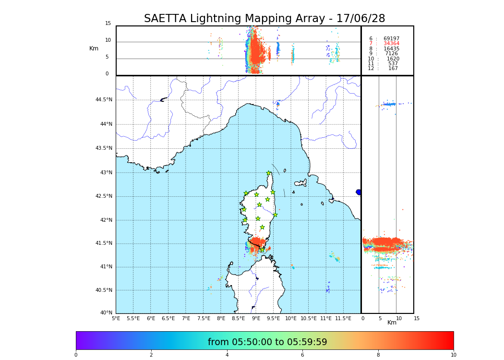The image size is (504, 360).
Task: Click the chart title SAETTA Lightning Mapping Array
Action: pyautogui.click(x=264, y=19)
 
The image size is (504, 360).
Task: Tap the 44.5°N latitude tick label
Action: pyautogui.click(x=104, y=100)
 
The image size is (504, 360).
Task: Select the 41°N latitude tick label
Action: pyautogui.click(x=105, y=267)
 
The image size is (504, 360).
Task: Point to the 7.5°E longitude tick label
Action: pyautogui.click(x=204, y=318)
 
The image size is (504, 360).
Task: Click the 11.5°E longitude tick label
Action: pyautogui.click(x=344, y=318)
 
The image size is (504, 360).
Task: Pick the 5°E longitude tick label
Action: pyautogui.click(x=116, y=318)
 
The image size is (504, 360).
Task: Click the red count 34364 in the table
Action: pyautogui.click(x=391, y=44)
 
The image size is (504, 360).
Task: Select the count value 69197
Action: pyautogui.click(x=391, y=39)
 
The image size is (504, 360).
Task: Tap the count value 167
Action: pyautogui.click(x=393, y=69)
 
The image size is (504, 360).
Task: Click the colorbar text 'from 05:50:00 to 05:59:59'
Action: pyautogui.click(x=267, y=342)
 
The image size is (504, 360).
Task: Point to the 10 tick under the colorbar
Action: pyautogui.click(x=453, y=355)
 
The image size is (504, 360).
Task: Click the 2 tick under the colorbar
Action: pyautogui.click(x=151, y=355)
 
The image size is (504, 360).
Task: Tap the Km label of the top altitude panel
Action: pyautogui.click(x=94, y=48)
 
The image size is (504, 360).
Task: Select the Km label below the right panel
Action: pyautogui.click(x=392, y=323)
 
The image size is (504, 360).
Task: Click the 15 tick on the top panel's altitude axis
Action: pyautogui.click(x=108, y=24)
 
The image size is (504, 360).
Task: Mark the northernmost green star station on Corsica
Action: pyautogui.click(x=269, y=173)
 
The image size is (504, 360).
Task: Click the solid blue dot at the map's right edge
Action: pyautogui.click(x=359, y=192)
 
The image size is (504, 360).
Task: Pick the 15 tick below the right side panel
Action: pyautogui.click(x=417, y=318)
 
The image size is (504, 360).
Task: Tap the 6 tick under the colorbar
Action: pyautogui.click(x=302, y=355)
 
